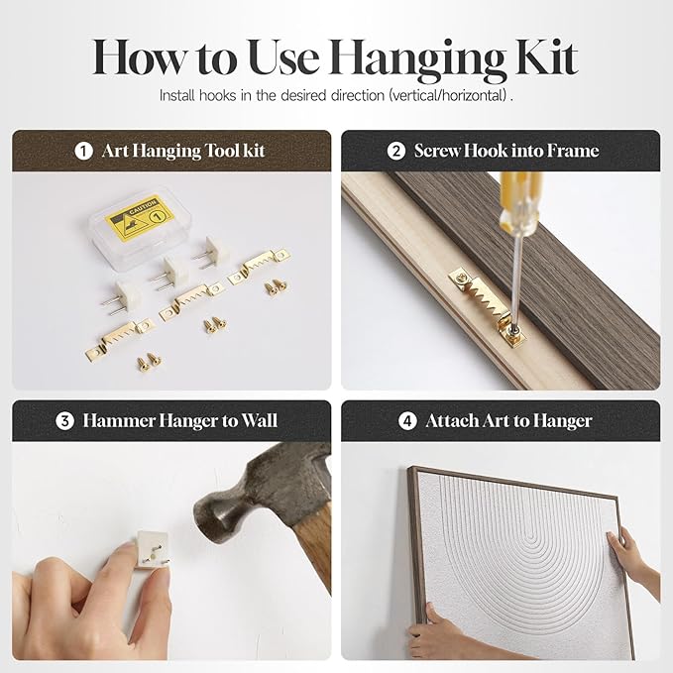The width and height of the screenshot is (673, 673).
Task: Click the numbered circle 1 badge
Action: pos(83,151)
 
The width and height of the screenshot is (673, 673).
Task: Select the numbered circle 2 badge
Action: pos(395,151)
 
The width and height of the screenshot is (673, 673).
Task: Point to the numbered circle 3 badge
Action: pos(64,421)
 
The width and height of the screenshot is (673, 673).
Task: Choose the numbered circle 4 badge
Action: pos(407,421)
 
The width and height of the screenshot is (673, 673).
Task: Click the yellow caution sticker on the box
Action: pos(140,218)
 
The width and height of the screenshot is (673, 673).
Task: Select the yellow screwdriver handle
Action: pos(519,203)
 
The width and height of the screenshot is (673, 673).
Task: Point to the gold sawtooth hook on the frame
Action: pos(488,306)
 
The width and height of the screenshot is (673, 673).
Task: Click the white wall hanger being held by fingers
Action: pos(152,549)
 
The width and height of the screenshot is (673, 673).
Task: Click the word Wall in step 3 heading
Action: pos(259,420)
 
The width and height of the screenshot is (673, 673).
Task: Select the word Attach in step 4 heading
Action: pos(452,421)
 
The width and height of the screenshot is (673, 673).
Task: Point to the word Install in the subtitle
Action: pos(176,95)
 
